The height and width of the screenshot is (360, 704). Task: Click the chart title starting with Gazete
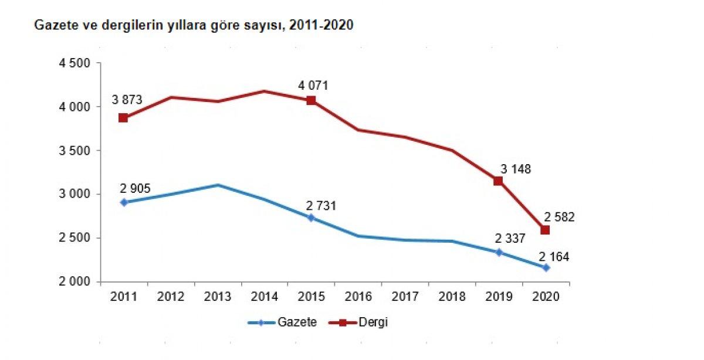click(194, 26)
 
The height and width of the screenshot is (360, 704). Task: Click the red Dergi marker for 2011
click(123, 118)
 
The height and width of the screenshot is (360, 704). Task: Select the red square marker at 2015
click(311, 100)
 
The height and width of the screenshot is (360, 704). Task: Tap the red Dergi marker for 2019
click(498, 181)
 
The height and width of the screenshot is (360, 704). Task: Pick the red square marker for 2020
click(545, 230)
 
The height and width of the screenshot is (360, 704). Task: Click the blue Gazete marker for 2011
click(123, 202)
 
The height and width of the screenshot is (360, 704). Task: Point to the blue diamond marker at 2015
click(311, 218)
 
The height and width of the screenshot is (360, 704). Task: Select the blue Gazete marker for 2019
click(499, 252)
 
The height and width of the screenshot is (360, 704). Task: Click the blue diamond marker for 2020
click(546, 267)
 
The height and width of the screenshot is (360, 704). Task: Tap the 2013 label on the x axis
click(218, 296)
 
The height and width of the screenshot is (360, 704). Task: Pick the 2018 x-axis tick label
click(452, 296)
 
